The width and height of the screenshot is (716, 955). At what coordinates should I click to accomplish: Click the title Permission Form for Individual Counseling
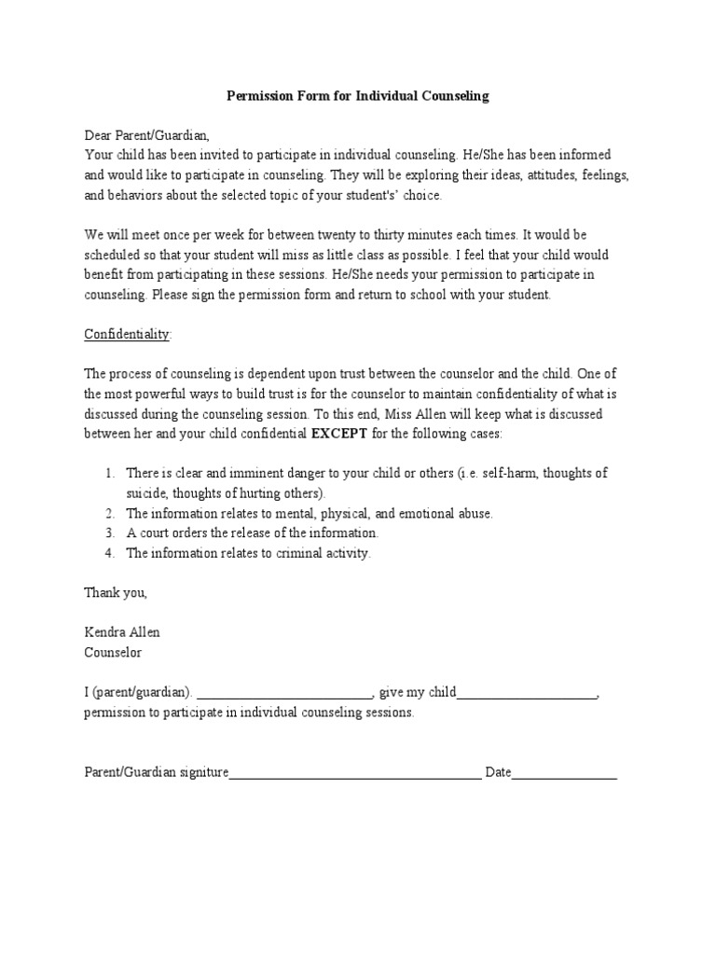coord(358,96)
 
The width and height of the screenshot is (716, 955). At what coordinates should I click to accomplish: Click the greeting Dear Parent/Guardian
coord(147,135)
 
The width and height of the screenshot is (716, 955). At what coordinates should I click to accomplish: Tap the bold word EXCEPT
coord(339,434)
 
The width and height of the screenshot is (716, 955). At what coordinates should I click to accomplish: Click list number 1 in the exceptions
coord(109,474)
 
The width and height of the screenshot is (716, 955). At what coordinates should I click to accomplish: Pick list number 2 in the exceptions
coord(109,513)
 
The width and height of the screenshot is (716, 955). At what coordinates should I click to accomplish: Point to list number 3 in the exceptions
coord(109,533)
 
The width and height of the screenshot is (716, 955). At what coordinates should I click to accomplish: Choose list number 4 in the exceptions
coord(109,553)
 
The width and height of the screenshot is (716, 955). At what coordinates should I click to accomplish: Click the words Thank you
coord(116,592)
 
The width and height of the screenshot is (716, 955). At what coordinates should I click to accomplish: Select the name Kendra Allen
coord(122,632)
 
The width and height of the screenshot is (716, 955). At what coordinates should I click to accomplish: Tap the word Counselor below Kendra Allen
coord(113,652)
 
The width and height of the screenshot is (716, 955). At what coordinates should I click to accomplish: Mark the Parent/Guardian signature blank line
coord(355,774)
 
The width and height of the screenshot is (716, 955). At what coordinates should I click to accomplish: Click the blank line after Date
coord(564,774)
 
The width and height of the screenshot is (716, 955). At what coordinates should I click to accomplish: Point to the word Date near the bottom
coord(498,772)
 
